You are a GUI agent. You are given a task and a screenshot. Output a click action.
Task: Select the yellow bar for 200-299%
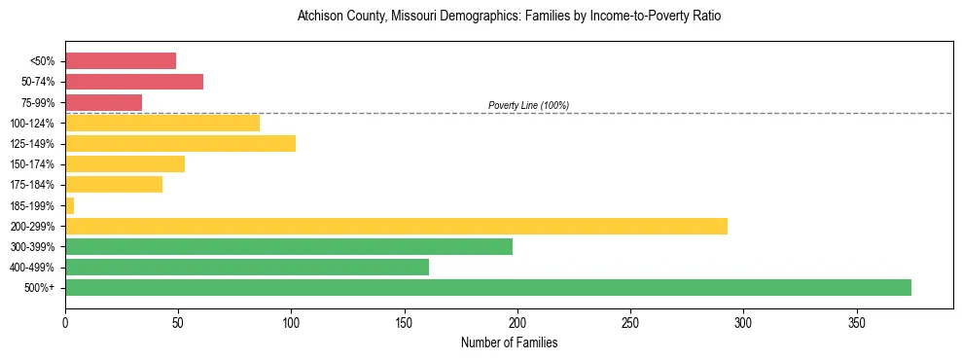click(x=396, y=226)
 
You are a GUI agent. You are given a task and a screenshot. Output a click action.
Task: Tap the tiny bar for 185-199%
click(x=69, y=205)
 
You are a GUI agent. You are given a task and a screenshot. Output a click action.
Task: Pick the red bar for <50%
click(x=121, y=61)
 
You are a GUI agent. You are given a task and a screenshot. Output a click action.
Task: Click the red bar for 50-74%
click(x=134, y=82)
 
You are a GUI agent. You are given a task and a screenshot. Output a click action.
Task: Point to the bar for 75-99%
click(x=103, y=102)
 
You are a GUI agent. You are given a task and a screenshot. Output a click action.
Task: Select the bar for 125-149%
click(x=180, y=143)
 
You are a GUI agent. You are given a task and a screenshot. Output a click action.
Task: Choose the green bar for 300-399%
click(x=289, y=246)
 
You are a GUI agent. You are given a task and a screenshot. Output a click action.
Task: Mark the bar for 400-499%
click(x=247, y=267)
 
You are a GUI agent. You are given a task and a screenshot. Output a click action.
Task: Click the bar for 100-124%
click(x=162, y=123)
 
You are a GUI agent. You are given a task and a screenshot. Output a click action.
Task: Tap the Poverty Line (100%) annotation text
click(x=528, y=105)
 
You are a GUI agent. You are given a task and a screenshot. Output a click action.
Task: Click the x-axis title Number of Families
click(x=509, y=342)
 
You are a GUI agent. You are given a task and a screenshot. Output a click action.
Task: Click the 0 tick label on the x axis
click(x=65, y=322)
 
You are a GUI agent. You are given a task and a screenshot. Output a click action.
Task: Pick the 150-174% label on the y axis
click(x=34, y=164)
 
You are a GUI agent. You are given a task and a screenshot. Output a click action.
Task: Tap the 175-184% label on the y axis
click(x=34, y=185)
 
